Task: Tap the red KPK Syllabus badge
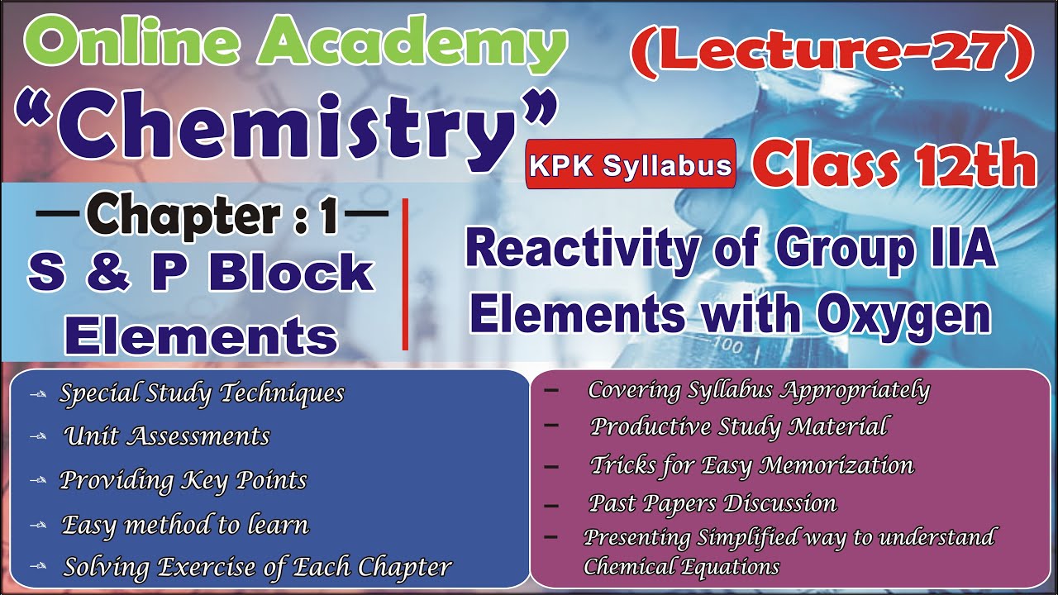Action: click(x=631, y=165)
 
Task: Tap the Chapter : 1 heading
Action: click(x=212, y=216)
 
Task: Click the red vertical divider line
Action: click(x=405, y=274)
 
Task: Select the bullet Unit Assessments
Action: click(x=166, y=436)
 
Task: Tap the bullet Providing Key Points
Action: click(x=183, y=480)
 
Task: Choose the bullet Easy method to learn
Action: click(x=185, y=524)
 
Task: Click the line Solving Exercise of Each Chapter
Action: click(x=257, y=568)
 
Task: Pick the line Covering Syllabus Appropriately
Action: click(x=759, y=390)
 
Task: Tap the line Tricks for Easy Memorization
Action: click(x=752, y=465)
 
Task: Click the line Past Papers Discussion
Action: click(x=712, y=502)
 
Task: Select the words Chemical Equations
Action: click(x=681, y=567)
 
